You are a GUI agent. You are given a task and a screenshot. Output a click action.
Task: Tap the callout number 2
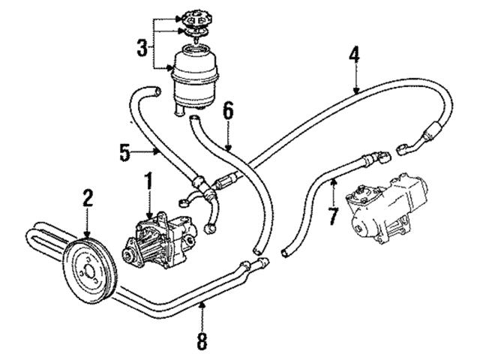tap(88, 198)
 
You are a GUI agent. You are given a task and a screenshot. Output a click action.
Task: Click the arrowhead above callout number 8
tap(202, 304)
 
